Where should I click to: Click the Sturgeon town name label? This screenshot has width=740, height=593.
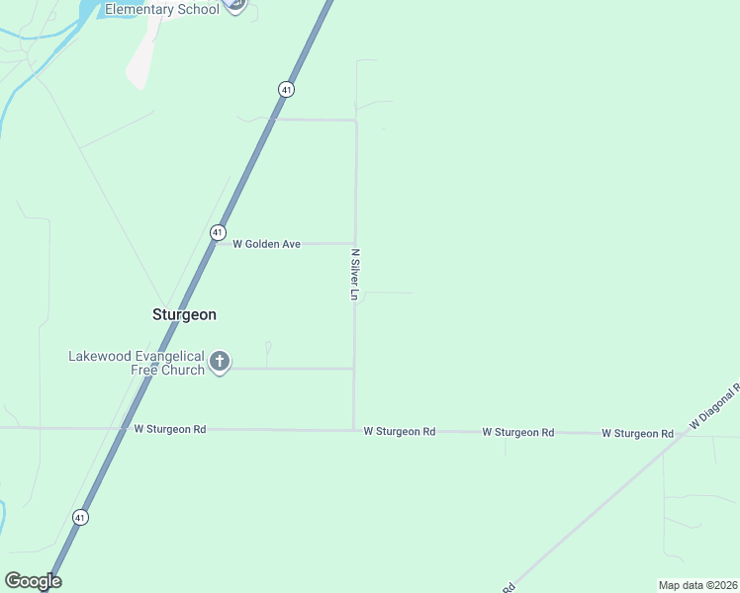pos(184,314)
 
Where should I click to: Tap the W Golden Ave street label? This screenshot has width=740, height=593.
pos(266,243)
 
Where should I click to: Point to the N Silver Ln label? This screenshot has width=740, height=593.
pos(354,274)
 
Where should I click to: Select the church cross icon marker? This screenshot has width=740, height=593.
pos(220,362)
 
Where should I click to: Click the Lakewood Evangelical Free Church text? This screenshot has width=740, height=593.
pos(136,363)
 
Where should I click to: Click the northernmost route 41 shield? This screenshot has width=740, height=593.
pos(286,89)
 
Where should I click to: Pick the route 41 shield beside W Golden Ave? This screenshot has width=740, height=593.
pos(217,232)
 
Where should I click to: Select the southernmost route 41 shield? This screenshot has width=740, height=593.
pos(80,517)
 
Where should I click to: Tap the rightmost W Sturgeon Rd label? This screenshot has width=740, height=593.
pos(638,434)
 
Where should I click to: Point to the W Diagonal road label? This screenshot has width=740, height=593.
pos(714,405)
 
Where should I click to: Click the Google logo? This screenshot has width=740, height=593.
pos(33,581)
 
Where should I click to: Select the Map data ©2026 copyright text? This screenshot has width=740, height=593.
pos(697,584)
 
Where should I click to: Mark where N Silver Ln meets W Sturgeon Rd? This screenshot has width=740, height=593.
pos(354,430)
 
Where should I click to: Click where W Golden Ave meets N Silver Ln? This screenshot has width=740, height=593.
pos(354,243)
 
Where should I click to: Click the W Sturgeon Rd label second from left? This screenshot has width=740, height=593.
pos(400,432)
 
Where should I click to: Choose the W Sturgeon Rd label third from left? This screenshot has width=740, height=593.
pos(518,433)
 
